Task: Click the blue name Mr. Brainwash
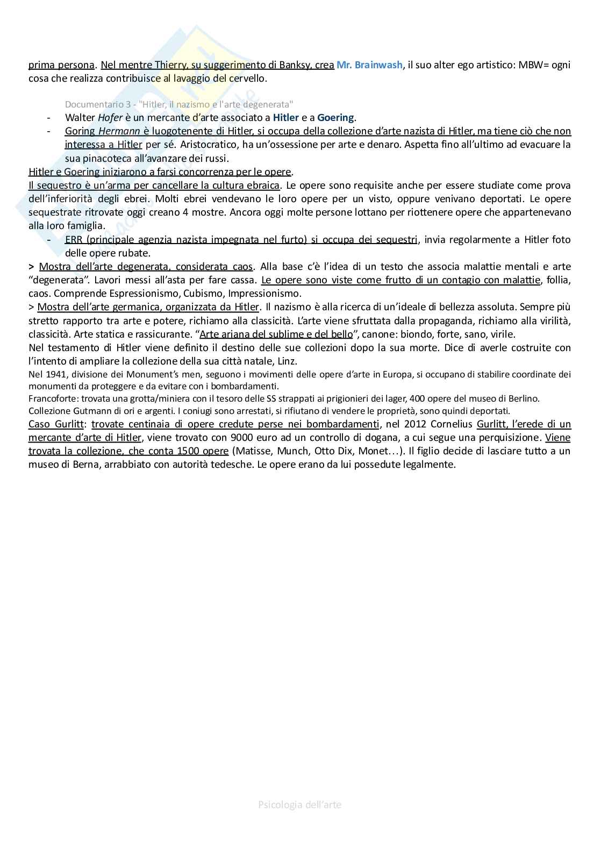click(369, 65)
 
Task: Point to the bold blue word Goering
click(336, 117)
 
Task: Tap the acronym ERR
click(74, 239)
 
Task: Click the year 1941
click(48, 374)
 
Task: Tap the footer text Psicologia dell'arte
click(300, 804)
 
